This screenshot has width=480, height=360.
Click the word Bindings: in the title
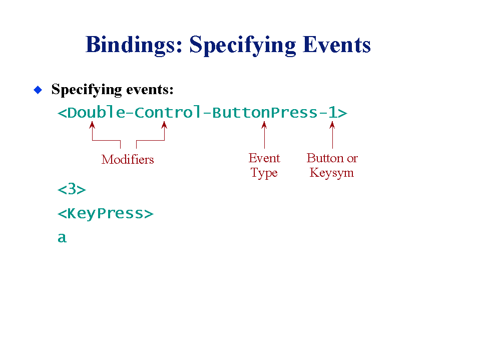click(x=134, y=45)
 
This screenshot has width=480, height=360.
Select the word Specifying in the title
click(x=243, y=45)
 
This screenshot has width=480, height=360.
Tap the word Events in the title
click(x=337, y=45)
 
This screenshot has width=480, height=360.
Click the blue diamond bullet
click(x=38, y=90)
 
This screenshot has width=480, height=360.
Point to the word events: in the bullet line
click(x=150, y=90)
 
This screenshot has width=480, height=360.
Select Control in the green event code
click(x=168, y=112)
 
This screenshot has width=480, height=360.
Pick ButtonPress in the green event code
click(x=265, y=112)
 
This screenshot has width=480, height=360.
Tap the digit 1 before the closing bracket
click(x=333, y=112)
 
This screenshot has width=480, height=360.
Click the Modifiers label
click(x=128, y=160)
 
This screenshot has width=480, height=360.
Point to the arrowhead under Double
click(x=92, y=125)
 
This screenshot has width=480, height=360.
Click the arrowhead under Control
click(x=164, y=125)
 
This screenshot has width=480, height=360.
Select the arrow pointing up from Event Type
click(x=264, y=135)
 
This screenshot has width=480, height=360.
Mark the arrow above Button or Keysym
click(x=332, y=135)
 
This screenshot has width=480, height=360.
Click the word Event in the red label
click(x=264, y=158)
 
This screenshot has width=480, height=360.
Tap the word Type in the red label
click(x=264, y=173)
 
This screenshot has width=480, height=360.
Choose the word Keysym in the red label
click(x=332, y=173)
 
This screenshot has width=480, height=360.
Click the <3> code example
click(x=72, y=189)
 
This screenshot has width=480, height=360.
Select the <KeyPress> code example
click(x=105, y=213)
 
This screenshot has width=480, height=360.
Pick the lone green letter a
click(x=62, y=237)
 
